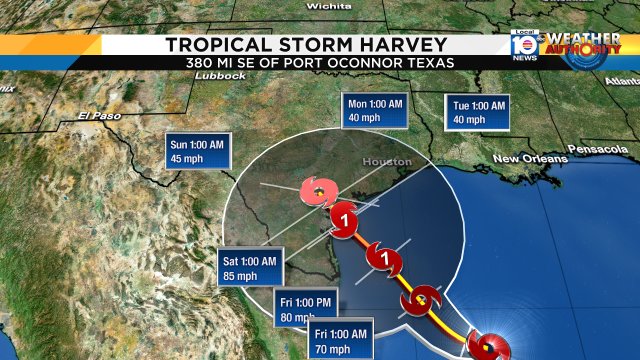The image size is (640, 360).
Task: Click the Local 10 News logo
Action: (x=522, y=45)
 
